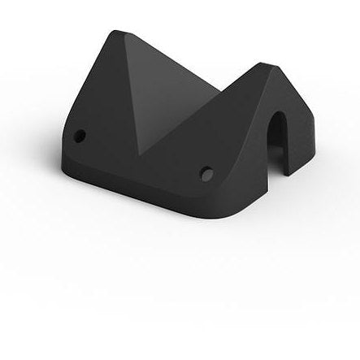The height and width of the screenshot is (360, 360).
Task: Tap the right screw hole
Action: tap(206, 171)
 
